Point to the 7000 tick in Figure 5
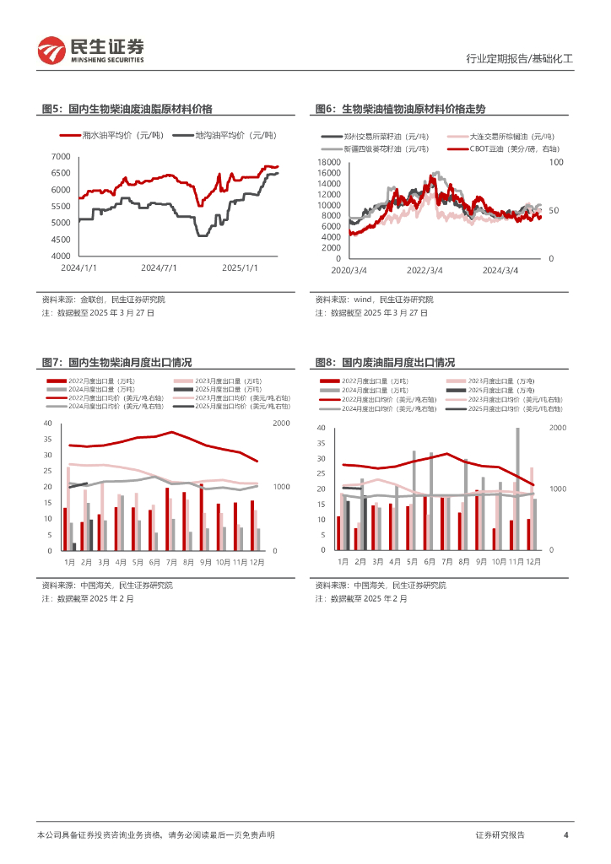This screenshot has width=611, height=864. [60, 157]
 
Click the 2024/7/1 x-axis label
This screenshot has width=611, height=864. [159, 268]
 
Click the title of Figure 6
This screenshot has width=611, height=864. [400, 109]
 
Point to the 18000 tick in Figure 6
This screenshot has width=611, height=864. [328, 161]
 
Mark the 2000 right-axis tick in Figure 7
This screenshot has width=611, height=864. [281, 424]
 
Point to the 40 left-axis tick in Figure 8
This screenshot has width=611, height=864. [320, 428]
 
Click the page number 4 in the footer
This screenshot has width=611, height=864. [565, 834]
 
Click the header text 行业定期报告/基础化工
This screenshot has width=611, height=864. [519, 59]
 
